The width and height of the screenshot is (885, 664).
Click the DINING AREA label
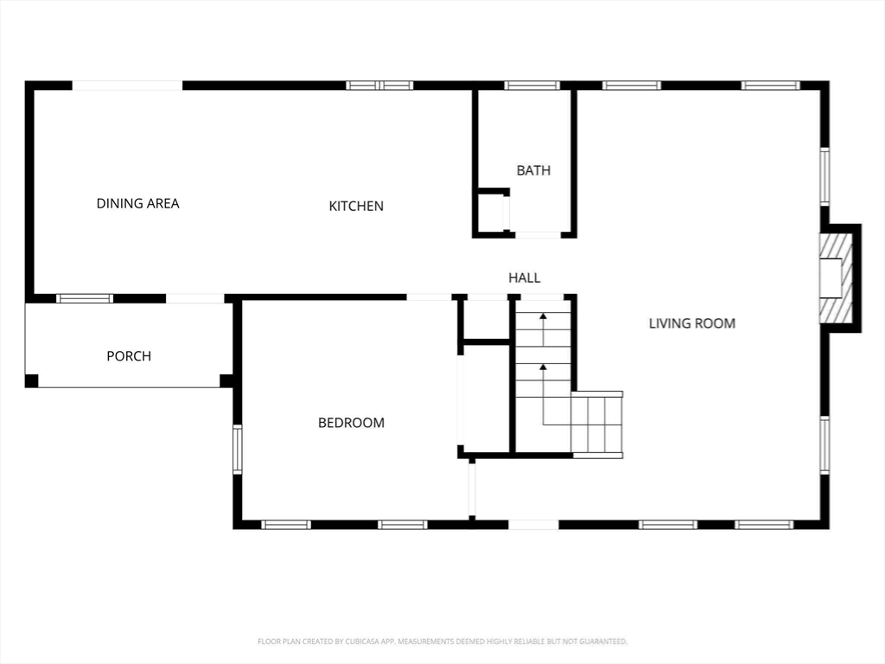click(x=137, y=203)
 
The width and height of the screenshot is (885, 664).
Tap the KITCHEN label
click(x=356, y=206)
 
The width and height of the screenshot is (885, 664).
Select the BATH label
click(x=533, y=170)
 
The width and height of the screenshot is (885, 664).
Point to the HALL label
click(x=525, y=278)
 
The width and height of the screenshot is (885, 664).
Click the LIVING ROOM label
click(x=692, y=323)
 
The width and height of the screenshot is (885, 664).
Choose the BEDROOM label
click(x=351, y=423)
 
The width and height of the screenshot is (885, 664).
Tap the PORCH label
click(x=129, y=356)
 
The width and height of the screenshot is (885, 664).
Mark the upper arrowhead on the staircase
click(x=543, y=316)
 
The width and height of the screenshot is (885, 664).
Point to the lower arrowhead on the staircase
click(x=543, y=367)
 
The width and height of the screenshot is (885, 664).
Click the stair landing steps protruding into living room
click(x=596, y=424)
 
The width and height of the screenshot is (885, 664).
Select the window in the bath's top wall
click(x=532, y=86)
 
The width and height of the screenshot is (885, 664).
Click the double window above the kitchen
click(x=379, y=86)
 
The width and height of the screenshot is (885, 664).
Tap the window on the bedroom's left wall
click(x=238, y=450)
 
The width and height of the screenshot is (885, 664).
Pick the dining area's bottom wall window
click(x=85, y=298)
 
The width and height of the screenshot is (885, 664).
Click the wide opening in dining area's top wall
click(x=127, y=86)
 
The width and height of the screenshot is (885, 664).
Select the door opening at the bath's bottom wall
click(x=538, y=235)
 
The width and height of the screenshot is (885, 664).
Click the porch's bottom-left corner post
click(x=32, y=380)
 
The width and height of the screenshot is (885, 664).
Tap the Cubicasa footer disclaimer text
click(x=442, y=642)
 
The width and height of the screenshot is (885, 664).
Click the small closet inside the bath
click(x=491, y=213)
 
